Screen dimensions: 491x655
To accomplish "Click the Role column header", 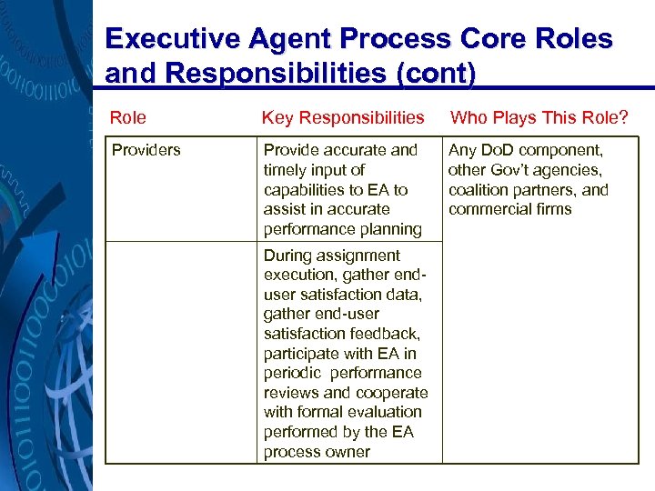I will pos(128,117).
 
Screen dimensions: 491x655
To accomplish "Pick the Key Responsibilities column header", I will pos(343,117).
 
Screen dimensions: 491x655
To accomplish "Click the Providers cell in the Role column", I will pos(146,150).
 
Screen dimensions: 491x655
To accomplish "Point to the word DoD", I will pos(497,150).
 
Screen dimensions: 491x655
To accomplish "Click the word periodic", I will pos(291,373).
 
